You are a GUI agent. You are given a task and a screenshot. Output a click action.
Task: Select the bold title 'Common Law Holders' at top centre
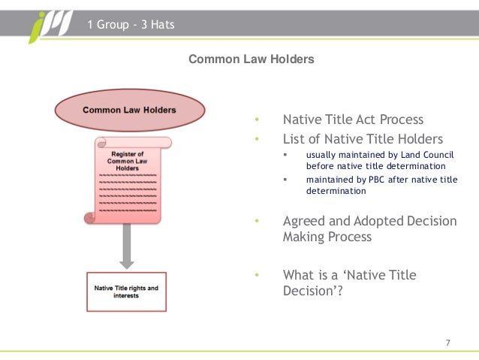[251, 58]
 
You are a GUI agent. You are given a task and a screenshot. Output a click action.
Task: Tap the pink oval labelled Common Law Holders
[129, 110]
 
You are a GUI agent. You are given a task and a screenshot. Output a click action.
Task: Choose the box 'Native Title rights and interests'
[126, 291]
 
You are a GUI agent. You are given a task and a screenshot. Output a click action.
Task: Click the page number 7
[448, 343]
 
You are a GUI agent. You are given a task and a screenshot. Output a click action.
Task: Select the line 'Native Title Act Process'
[353, 119]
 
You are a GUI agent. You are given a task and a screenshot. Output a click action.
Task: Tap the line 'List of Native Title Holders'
[363, 139]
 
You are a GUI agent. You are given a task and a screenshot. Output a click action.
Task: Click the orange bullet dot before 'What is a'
[256, 275]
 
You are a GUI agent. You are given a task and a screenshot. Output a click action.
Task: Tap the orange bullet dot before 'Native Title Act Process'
[256, 119]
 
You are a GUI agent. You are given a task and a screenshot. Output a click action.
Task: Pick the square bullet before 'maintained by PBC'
[285, 179]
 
